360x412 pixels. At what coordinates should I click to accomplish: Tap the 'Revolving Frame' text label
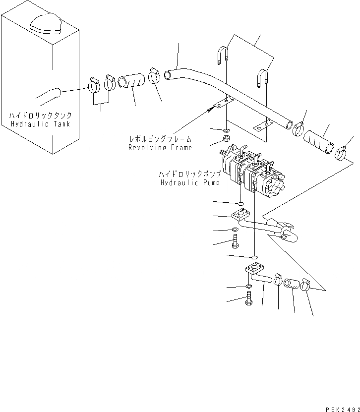(x=160, y=147)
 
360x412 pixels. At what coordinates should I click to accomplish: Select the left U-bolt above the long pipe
(x=223, y=57)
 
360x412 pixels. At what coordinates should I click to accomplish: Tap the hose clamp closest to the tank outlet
(x=96, y=85)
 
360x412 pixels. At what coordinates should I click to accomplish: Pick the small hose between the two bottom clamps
(x=293, y=285)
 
